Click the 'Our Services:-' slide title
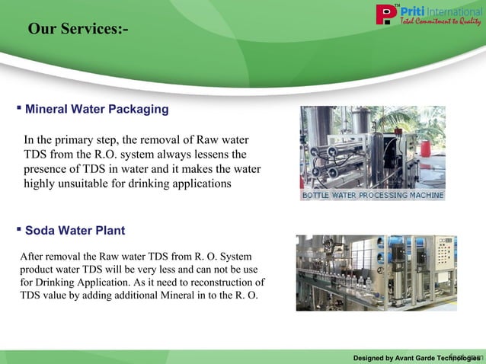(78, 30)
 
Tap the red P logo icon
(386, 14)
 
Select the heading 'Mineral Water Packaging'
(97, 110)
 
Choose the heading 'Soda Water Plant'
(75, 231)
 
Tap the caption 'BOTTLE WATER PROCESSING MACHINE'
(372, 196)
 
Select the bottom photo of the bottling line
(376, 272)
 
